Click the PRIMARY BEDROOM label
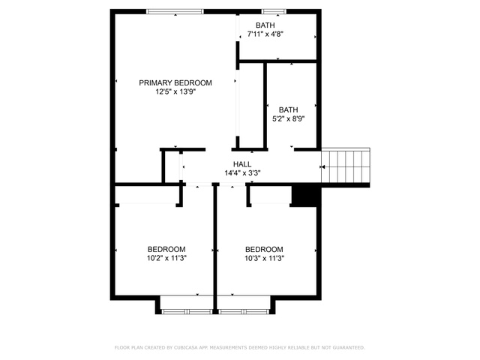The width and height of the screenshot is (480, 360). [175, 83]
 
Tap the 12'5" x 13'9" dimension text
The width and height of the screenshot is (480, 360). [175, 91]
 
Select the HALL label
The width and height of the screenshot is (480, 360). [242, 164]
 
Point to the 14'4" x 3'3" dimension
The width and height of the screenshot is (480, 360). [242, 173]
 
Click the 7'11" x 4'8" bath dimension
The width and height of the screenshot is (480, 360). [265, 34]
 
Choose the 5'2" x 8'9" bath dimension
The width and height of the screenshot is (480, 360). [288, 118]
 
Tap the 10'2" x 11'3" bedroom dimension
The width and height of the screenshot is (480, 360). [166, 258]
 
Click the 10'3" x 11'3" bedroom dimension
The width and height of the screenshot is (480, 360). [264, 258]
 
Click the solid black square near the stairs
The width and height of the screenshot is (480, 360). [305, 195]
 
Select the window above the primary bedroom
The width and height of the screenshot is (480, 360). [175, 12]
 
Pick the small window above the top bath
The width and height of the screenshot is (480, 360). [274, 12]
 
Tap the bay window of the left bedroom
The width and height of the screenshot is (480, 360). [187, 312]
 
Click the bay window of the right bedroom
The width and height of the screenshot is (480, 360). [244, 312]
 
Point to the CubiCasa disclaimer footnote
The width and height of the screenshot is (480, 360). [240, 347]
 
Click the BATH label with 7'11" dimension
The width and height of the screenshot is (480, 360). [265, 25]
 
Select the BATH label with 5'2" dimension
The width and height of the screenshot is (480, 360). [288, 109]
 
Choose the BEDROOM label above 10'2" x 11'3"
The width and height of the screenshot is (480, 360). [166, 249]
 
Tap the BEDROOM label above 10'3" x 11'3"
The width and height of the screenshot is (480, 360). [264, 249]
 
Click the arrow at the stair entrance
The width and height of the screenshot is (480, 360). [322, 166]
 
